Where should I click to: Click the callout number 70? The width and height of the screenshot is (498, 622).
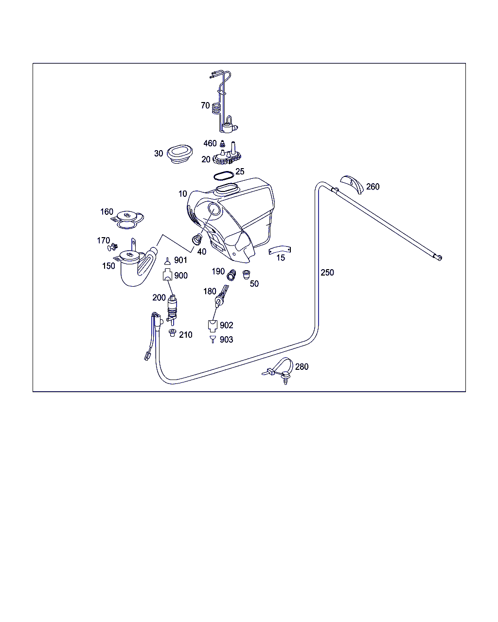coord(205,105)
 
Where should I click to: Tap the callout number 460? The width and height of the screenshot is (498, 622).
coord(210,143)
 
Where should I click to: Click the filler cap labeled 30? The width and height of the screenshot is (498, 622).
coord(180,155)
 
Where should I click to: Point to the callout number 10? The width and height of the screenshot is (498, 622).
coord(183,194)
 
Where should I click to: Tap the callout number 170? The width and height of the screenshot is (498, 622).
coord(103,241)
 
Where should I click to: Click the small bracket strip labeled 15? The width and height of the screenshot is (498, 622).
coord(280,250)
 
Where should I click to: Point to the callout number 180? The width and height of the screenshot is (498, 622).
coord(210,292)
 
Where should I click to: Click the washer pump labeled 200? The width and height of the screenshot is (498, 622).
coord(172,307)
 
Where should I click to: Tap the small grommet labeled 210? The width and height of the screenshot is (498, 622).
coord(172,332)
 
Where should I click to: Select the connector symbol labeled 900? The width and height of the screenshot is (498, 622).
coord(167,275)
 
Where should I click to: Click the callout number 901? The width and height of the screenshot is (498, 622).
coord(180,260)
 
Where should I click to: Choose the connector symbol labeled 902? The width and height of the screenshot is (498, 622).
coord(213,325)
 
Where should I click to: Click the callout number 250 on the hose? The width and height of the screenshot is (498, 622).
coord(327,273)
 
